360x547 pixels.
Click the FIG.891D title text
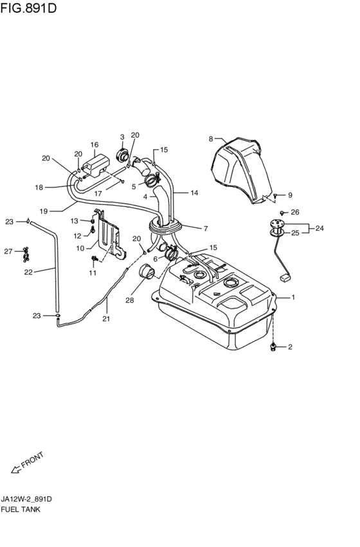tap(28, 8)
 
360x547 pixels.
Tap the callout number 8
tap(211, 139)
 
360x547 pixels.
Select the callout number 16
tap(94, 145)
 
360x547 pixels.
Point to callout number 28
tap(129, 300)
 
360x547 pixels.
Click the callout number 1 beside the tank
tap(293, 297)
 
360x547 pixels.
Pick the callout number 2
tap(290, 346)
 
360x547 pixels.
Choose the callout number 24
tap(319, 228)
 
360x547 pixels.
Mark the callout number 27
tap(8, 251)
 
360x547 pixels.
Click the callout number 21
tap(106, 319)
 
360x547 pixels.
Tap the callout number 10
tap(80, 248)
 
